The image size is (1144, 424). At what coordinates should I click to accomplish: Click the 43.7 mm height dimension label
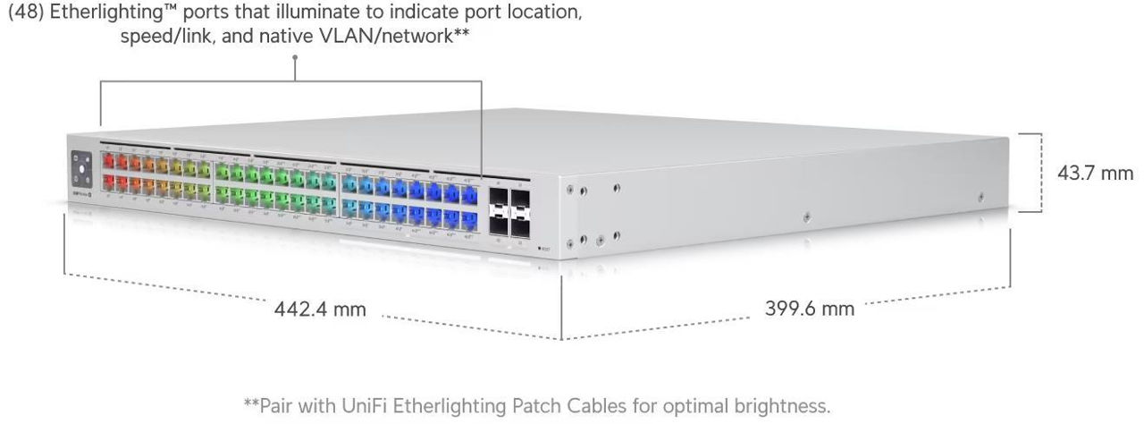1095,173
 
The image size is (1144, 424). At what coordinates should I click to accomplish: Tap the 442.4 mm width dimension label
321,310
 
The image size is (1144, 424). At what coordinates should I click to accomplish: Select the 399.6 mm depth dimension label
809,309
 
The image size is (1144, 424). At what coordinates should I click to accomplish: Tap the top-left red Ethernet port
107,162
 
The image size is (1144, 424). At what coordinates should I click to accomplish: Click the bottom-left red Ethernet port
107,182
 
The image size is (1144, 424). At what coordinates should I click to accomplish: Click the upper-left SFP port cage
497,198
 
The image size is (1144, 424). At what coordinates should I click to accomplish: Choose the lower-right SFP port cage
521,227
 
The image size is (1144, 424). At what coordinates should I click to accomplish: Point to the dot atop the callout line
295,56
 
